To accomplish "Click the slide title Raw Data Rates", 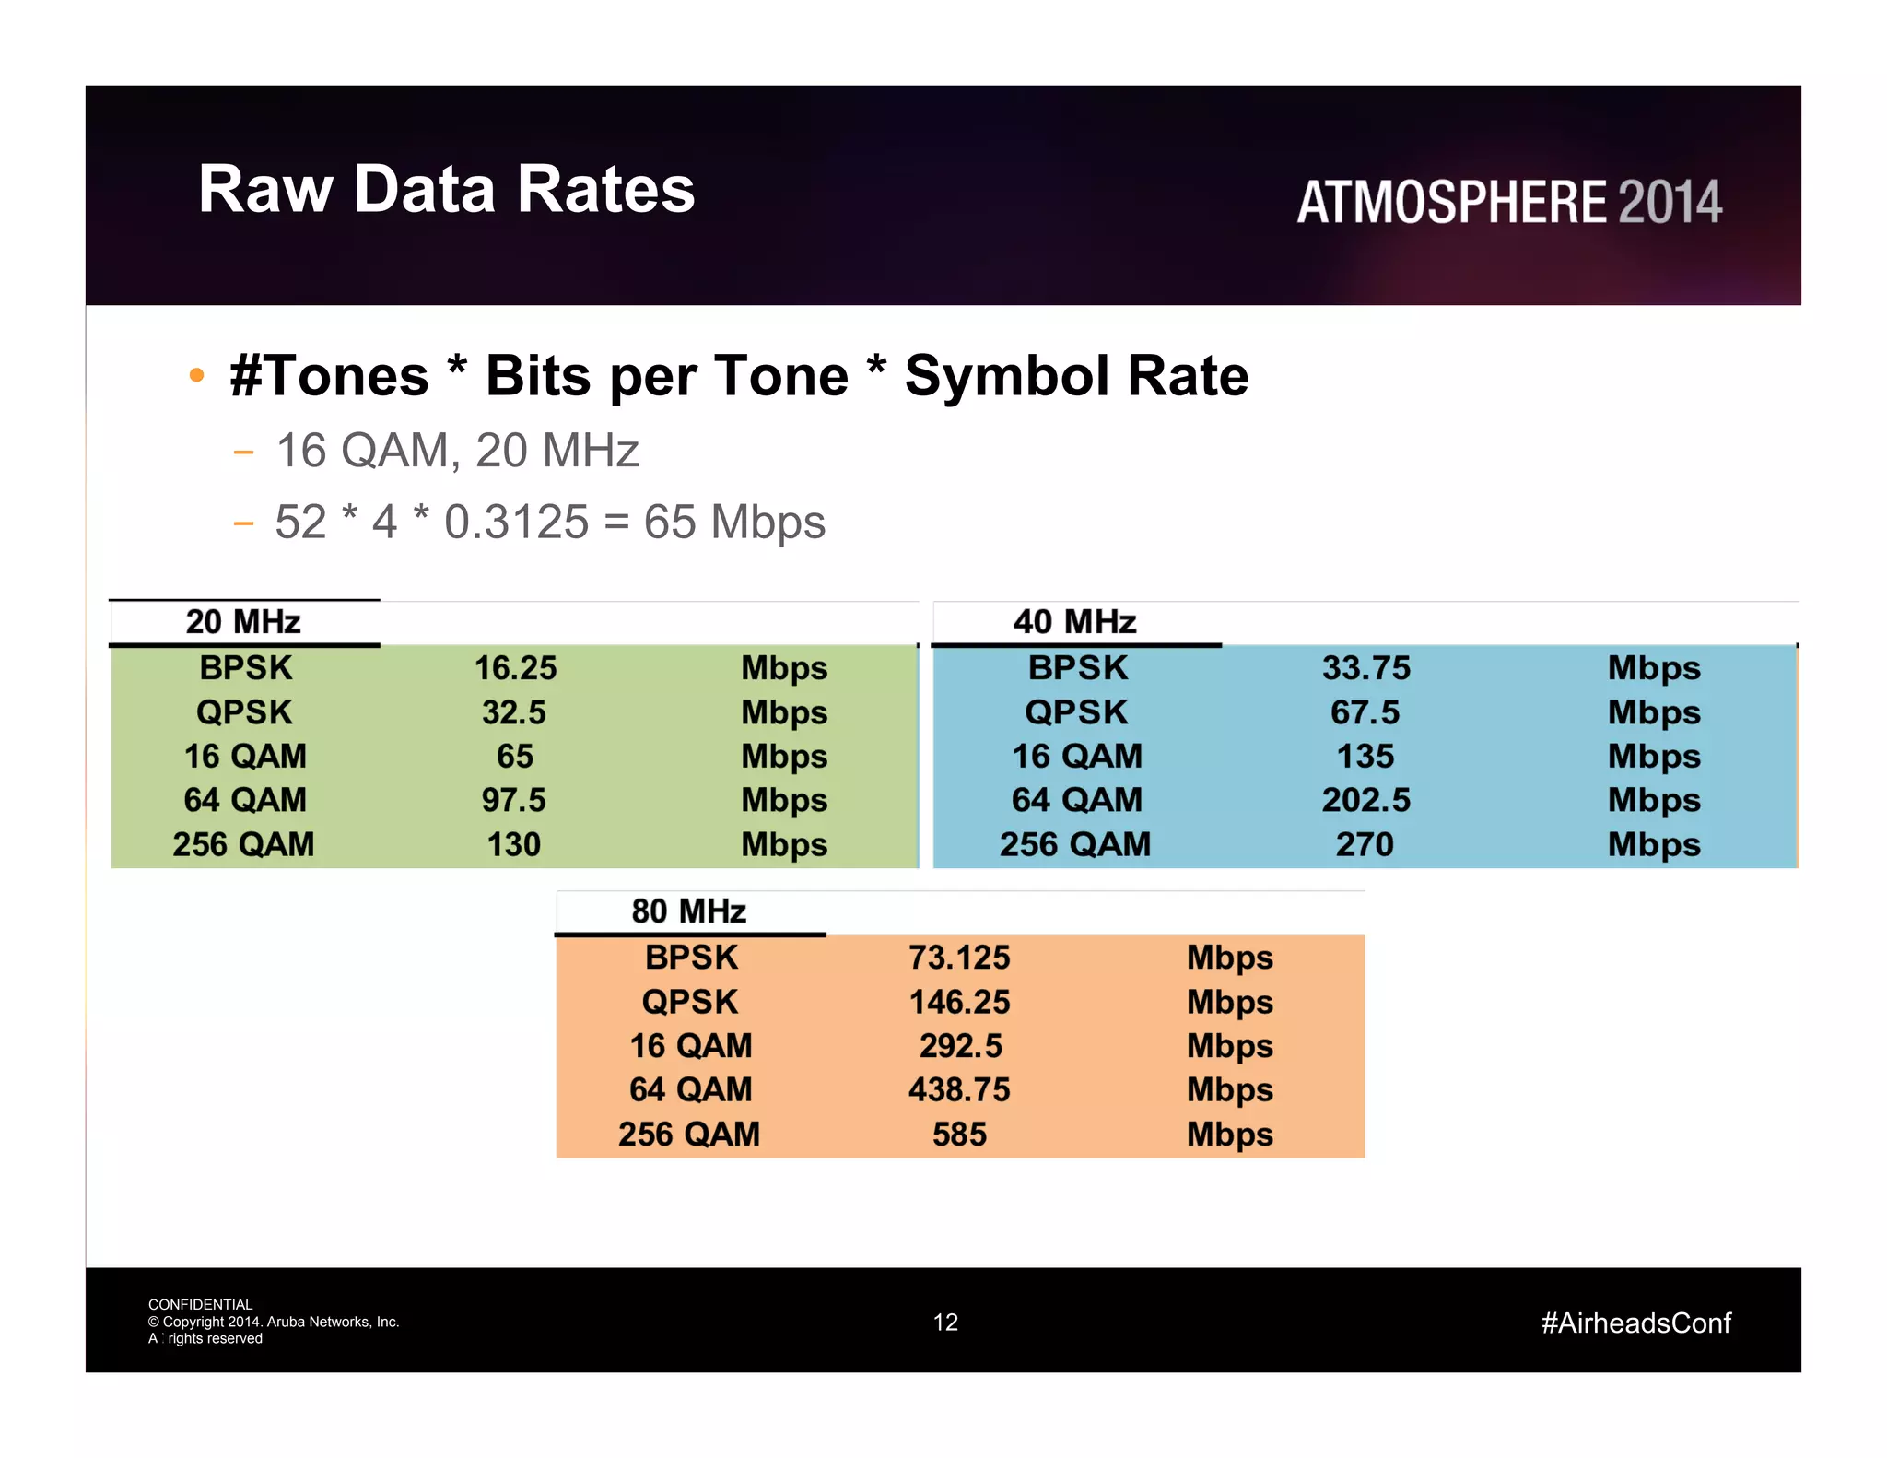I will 446,189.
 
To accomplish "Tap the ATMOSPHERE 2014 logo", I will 1509,202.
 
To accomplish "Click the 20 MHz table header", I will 243,622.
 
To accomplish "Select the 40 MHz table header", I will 1074,622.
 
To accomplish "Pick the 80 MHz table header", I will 688,911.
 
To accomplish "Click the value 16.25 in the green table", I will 515,668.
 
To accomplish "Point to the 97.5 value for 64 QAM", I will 513,800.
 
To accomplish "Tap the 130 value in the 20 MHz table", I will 513,844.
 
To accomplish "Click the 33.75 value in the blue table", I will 1365,668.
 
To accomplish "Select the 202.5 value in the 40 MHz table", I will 1365,800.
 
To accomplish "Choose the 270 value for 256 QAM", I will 1365,844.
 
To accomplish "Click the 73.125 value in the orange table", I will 959,958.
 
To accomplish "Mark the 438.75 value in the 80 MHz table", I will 959,1090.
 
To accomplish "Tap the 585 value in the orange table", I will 959,1135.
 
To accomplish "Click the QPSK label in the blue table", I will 1076,712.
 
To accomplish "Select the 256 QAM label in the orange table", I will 689,1135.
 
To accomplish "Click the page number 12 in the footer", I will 945,1323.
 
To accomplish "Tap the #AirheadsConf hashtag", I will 1635,1323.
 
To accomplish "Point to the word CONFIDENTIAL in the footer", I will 200,1304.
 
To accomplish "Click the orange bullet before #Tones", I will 195,375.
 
